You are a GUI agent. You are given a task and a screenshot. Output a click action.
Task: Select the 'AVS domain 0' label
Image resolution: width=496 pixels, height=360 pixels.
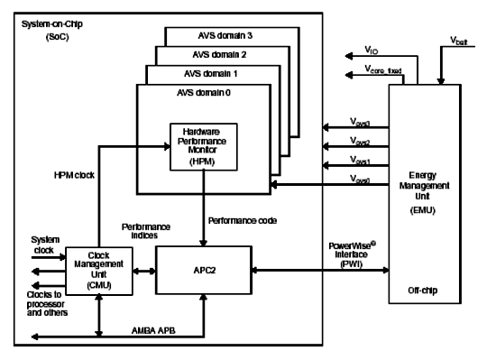coord(190,92)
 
